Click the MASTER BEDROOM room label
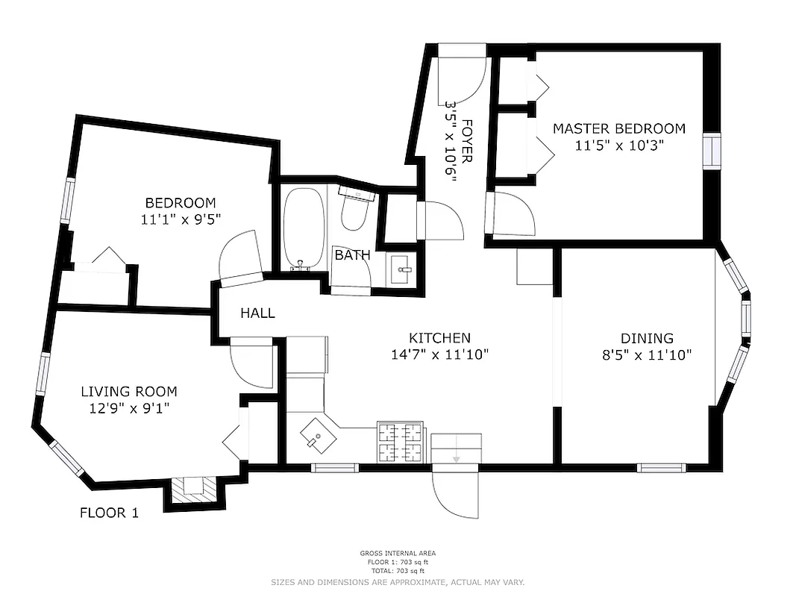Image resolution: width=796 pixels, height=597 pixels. point(618,128)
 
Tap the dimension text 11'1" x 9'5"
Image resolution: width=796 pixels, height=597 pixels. point(181,219)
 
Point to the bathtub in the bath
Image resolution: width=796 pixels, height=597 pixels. point(304,228)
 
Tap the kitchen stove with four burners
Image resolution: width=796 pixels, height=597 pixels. point(401,442)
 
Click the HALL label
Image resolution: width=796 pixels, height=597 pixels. point(257,313)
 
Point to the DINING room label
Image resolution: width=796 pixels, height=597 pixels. point(647,338)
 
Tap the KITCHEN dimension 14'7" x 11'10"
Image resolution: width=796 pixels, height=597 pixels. point(439,354)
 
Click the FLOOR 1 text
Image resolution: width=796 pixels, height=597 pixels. point(109,513)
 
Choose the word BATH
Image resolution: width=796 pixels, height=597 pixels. point(352,255)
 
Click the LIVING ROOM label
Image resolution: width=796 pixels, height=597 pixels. point(129,391)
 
